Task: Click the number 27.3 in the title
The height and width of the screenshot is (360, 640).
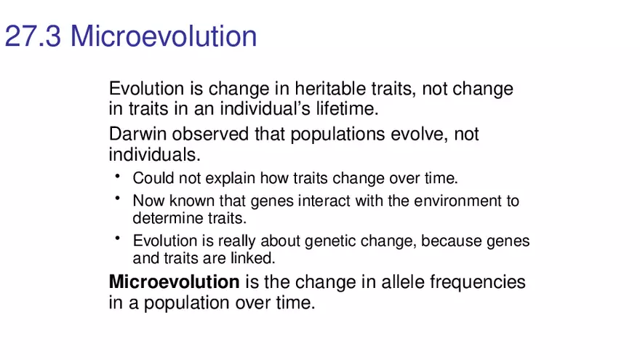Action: (33, 36)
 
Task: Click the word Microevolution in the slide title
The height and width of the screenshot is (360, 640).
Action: (164, 36)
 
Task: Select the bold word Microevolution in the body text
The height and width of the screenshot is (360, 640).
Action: (174, 282)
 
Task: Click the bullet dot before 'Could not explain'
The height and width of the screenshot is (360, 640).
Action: (116, 175)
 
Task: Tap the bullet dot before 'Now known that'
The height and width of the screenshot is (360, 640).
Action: (116, 198)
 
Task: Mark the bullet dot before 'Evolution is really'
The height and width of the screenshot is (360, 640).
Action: (116, 238)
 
